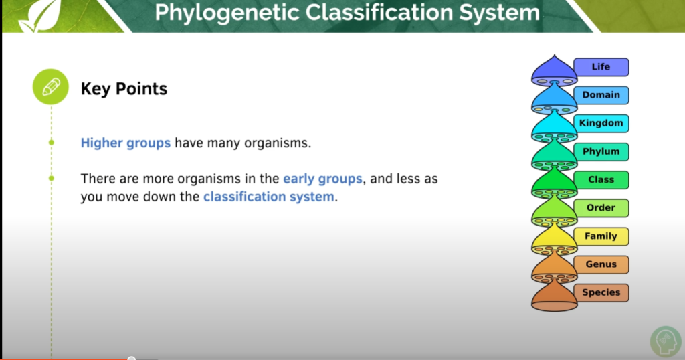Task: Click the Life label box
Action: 601,67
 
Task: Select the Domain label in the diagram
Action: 601,95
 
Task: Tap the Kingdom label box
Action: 601,123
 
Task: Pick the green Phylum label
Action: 601,152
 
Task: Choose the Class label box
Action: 601,180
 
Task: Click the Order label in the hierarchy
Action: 601,208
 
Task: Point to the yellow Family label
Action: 601,236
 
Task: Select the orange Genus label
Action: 601,264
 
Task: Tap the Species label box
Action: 601,292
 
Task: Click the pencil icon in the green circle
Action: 52,88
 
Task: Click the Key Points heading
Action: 124,88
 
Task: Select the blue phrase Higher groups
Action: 125,143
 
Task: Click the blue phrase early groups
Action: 322,179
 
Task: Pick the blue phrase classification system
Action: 268,197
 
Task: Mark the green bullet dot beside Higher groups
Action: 52,143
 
